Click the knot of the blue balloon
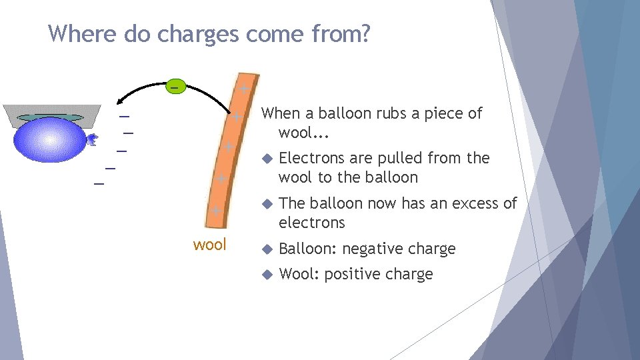coord(94,139)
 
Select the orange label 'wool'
coord(209,245)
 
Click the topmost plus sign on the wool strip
coord(244,89)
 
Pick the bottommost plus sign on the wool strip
coord(215,211)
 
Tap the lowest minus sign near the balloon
coord(99,182)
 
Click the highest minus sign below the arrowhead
coord(123,118)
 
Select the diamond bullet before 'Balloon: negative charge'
coord(267,249)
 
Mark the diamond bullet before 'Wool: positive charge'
coord(267,275)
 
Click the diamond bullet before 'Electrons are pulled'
coord(267,159)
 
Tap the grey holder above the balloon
coord(51,114)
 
